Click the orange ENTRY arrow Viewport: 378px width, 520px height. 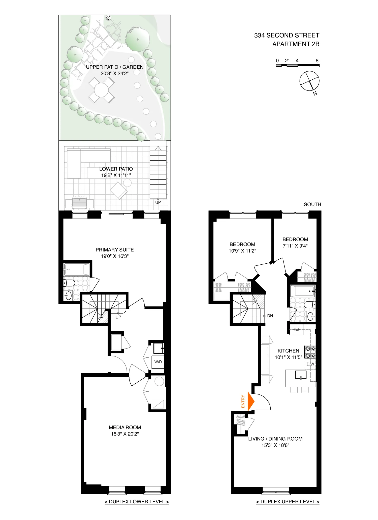(x=251, y=401)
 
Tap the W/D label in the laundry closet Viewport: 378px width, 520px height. (x=158, y=362)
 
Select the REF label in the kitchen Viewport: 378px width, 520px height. (x=296, y=329)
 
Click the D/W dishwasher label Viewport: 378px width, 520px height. (x=310, y=364)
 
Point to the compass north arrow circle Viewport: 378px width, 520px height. (x=309, y=81)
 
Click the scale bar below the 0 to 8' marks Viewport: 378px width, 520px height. (x=298, y=66)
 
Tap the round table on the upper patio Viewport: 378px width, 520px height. (x=101, y=90)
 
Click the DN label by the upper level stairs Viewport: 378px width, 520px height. (x=270, y=316)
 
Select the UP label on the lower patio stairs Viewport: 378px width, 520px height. (x=158, y=202)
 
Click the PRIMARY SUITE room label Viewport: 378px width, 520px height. (x=115, y=250)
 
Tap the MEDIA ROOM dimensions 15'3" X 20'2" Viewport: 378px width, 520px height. (x=125, y=434)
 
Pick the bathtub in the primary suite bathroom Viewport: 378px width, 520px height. (x=77, y=269)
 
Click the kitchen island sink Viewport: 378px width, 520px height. (x=301, y=375)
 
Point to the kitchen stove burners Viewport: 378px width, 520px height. (x=310, y=352)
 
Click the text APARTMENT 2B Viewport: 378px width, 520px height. (x=296, y=44)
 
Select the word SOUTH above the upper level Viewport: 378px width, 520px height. (x=312, y=204)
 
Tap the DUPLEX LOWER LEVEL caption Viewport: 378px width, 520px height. (x=137, y=502)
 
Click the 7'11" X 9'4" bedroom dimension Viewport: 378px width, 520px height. (x=295, y=246)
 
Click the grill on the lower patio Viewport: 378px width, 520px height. (x=79, y=202)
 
